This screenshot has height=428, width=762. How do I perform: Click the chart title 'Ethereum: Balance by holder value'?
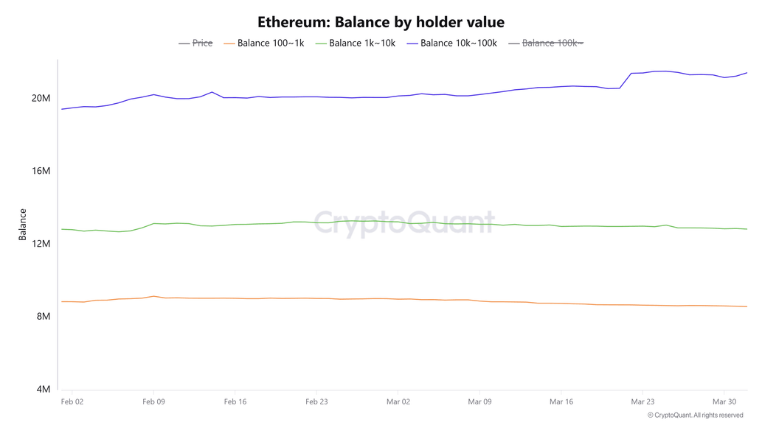click(381, 22)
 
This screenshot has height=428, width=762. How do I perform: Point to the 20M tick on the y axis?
click(41, 99)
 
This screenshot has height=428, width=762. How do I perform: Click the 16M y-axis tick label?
click(41, 171)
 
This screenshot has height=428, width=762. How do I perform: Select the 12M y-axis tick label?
click(41, 244)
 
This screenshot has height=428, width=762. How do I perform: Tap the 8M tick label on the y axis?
click(43, 317)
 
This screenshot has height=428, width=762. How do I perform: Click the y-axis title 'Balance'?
click(23, 225)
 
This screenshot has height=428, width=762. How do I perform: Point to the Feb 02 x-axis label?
click(72, 402)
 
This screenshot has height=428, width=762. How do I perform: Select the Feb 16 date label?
click(235, 402)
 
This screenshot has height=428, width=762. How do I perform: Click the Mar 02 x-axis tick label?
click(398, 402)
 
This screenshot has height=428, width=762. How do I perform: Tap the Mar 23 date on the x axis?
click(642, 402)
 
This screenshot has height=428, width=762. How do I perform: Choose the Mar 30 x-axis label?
click(724, 402)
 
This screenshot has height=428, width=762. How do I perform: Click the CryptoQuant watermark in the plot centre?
click(404, 222)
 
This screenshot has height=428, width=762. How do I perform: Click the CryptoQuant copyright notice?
click(695, 415)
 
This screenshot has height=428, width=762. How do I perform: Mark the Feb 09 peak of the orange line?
click(153, 296)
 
